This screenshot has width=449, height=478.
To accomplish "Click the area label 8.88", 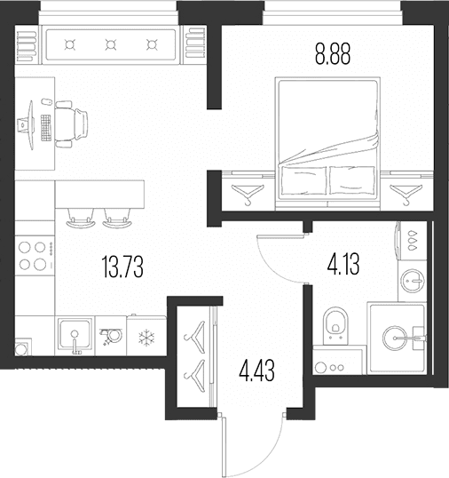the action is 333,54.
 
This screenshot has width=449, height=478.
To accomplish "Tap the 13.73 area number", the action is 123,267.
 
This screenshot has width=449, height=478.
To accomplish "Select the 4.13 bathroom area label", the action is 343,264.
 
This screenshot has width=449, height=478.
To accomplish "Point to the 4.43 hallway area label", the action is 257,370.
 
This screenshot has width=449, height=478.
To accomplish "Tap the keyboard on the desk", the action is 45,128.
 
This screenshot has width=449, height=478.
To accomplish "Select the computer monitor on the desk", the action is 27,125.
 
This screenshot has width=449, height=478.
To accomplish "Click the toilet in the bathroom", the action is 335,326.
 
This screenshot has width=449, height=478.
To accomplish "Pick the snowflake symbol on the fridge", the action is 146,337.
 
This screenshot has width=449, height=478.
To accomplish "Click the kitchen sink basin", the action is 75,333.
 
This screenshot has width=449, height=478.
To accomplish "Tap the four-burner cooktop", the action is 35,256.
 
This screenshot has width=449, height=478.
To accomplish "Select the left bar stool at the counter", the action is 81,219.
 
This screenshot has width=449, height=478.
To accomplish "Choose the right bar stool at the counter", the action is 117,219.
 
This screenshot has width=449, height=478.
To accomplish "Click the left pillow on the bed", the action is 303,180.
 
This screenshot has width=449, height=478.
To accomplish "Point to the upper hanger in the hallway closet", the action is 194,338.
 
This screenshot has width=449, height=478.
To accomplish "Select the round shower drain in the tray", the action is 395,339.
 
